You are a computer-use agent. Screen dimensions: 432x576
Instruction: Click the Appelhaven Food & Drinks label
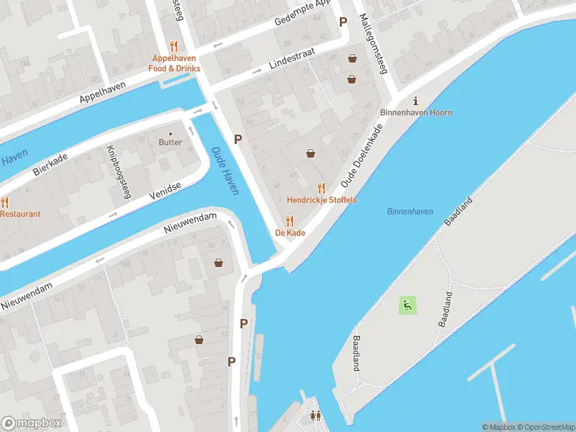[174, 63]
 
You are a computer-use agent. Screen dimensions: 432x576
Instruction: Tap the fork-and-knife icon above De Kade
[289, 221]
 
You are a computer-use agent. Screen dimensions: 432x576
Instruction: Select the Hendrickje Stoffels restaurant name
[321, 199]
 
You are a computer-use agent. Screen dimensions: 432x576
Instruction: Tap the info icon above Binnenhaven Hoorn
[415, 101]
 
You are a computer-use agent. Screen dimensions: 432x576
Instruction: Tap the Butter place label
[171, 142]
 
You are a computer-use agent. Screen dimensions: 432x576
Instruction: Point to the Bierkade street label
[50, 163]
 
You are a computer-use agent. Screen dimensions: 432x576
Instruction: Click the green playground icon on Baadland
[408, 305]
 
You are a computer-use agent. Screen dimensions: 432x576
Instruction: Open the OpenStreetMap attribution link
[545, 427]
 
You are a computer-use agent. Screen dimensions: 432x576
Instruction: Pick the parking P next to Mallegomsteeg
[343, 22]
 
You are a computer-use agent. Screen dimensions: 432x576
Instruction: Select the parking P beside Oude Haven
[238, 139]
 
